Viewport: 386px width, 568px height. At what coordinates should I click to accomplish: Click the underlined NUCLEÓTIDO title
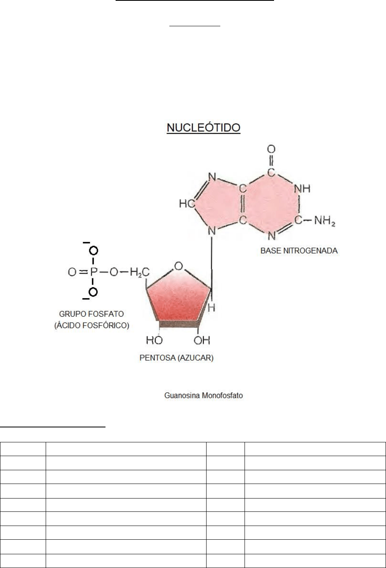pyautogui.click(x=204, y=128)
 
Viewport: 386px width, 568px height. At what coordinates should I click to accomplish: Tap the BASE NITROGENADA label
pyautogui.click(x=299, y=250)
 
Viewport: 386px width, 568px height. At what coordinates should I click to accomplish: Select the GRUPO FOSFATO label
pyautogui.click(x=91, y=314)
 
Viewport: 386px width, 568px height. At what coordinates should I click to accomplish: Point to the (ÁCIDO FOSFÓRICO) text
pyautogui.click(x=92, y=325)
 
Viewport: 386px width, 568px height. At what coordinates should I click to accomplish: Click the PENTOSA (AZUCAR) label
pyautogui.click(x=176, y=358)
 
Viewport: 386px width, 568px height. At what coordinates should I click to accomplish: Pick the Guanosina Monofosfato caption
pyautogui.click(x=204, y=395)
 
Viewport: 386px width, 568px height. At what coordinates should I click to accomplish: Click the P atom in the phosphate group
pyautogui.click(x=93, y=272)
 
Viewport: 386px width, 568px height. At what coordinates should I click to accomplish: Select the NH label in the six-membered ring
pyautogui.click(x=302, y=189)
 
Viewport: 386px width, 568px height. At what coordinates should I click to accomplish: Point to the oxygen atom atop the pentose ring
pyautogui.click(x=179, y=266)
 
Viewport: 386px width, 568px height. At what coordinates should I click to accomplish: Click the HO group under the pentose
pyautogui.click(x=154, y=340)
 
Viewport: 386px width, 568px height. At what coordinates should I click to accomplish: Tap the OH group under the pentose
pyautogui.click(x=202, y=340)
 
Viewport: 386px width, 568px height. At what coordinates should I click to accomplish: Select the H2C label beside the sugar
pyautogui.click(x=139, y=273)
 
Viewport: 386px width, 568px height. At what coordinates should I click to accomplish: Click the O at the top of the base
pyautogui.click(x=271, y=149)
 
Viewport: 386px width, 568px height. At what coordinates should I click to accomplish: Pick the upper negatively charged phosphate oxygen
pyautogui.click(x=93, y=251)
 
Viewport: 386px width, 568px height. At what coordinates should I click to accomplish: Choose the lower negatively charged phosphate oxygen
pyautogui.click(x=93, y=292)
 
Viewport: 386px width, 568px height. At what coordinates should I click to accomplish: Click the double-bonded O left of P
pyautogui.click(x=72, y=272)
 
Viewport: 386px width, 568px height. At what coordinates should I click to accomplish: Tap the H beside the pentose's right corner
pyautogui.click(x=211, y=307)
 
